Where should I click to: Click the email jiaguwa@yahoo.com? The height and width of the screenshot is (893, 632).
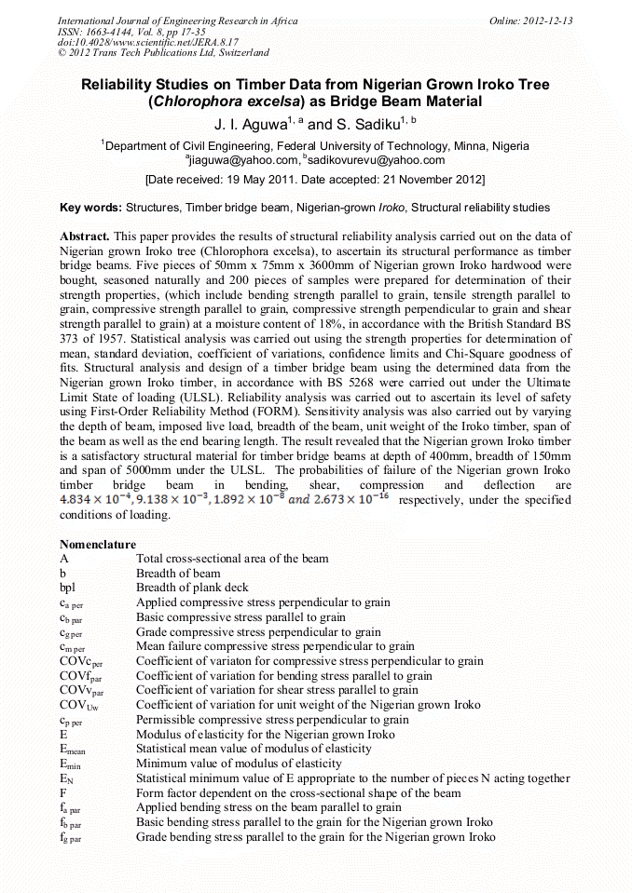[x=237, y=159]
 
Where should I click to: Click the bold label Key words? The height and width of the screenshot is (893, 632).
[x=90, y=208]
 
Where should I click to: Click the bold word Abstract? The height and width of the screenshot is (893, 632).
[x=85, y=237]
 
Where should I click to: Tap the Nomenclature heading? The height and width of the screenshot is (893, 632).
[x=98, y=544]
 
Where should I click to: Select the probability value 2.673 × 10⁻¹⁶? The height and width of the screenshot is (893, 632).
[x=355, y=500]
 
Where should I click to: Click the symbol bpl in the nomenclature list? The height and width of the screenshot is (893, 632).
[x=68, y=588]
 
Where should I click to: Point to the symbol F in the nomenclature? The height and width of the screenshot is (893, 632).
[x=63, y=792]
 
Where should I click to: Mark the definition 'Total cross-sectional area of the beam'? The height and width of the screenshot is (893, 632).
[x=232, y=559]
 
